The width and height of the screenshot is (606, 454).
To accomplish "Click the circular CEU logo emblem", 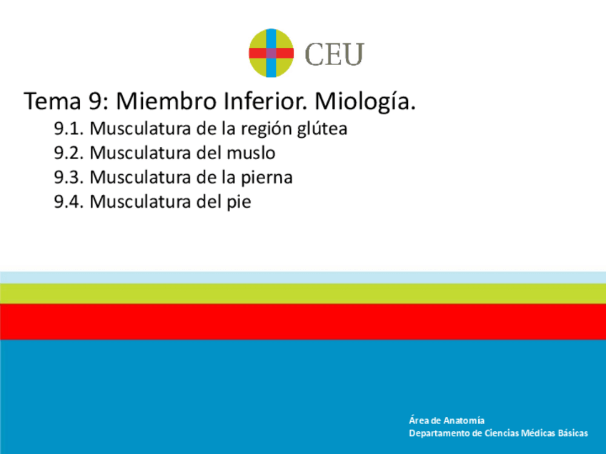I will tap(271, 54).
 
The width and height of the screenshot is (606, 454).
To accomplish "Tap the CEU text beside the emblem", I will tap(334, 54).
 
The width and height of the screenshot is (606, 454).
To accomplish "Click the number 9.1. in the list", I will tap(69, 130).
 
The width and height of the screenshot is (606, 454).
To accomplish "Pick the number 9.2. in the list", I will tap(69, 153).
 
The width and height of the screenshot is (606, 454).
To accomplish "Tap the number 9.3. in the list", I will tap(69, 177).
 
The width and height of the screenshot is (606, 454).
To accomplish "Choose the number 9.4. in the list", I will tap(69, 201).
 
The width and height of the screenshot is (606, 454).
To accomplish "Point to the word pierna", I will tap(266, 178).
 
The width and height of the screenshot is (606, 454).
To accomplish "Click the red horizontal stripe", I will tap(303, 321).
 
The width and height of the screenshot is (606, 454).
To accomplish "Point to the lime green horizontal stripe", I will tap(303, 293).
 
